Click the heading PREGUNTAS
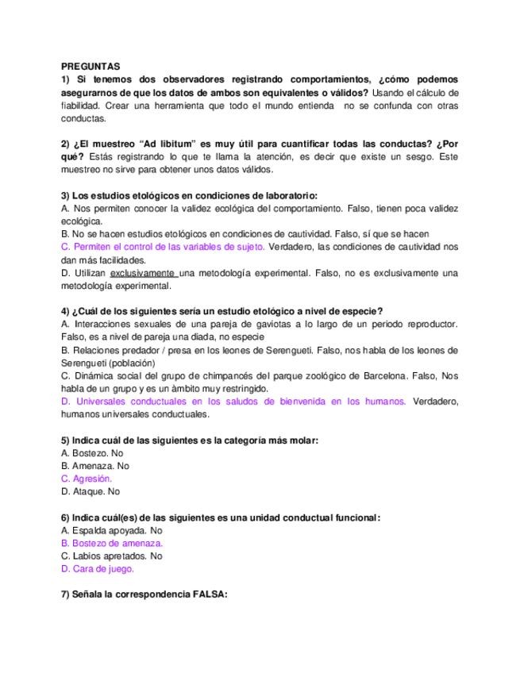pyautogui.click(x=91, y=67)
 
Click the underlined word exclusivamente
pyautogui.click(x=143, y=273)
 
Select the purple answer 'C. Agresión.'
pyautogui.click(x=87, y=479)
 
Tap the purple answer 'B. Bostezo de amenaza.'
pyautogui.click(x=112, y=543)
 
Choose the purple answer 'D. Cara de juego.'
pyautogui.click(x=98, y=568)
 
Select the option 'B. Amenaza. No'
pyautogui.click(x=94, y=466)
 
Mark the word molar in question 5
pyautogui.click(x=303, y=440)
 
